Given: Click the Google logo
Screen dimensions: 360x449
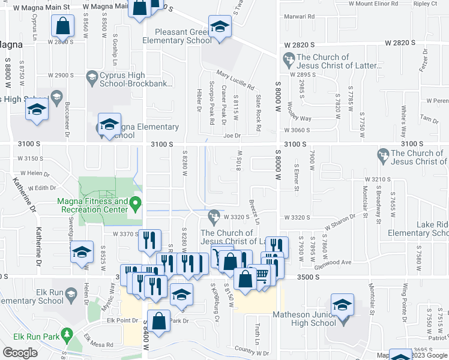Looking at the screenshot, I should point(20,353).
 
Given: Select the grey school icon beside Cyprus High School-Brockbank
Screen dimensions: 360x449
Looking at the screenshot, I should point(92,77).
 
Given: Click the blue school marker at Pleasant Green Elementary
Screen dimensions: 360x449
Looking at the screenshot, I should point(220,27).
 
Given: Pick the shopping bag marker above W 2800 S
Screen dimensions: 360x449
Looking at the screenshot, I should point(63,26).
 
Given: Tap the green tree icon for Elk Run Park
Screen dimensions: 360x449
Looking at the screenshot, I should point(68,333).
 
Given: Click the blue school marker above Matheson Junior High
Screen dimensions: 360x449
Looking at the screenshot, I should point(342,305).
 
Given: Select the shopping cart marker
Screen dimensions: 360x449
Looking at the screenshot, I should point(262,274).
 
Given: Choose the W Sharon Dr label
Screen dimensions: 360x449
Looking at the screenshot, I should point(340,223).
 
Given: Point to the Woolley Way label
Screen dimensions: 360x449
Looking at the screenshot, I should point(307,110).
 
